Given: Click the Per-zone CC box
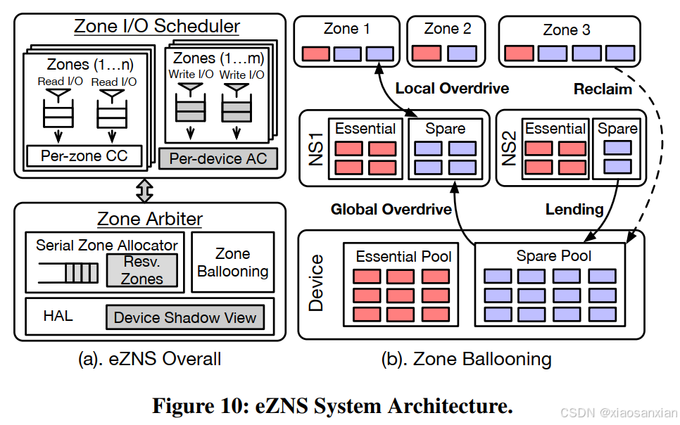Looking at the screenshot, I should [x=84, y=156].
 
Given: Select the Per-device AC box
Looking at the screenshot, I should [x=218, y=158].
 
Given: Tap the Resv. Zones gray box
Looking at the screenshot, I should [x=141, y=271].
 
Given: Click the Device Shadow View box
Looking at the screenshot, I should [x=185, y=317].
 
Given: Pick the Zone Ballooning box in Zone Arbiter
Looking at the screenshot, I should [x=232, y=262].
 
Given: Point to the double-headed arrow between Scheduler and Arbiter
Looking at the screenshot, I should [x=144, y=189].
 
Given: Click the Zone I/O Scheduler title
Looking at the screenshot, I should [x=157, y=27].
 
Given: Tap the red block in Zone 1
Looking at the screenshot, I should [x=316, y=53].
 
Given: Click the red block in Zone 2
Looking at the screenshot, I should [x=426, y=53].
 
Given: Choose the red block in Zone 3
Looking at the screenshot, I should [x=519, y=53].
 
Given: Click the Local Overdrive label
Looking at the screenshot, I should [x=452, y=89].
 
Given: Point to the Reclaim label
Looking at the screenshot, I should [x=603, y=89].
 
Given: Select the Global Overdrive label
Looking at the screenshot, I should [x=382, y=209].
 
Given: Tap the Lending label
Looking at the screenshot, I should [x=574, y=209].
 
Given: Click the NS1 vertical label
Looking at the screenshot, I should [x=316, y=148].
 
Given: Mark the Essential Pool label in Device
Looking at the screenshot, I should [x=403, y=256].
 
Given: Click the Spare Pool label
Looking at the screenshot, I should [x=554, y=256].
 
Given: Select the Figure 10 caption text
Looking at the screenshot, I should [x=332, y=406].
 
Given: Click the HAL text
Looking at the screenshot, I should [x=58, y=316].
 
